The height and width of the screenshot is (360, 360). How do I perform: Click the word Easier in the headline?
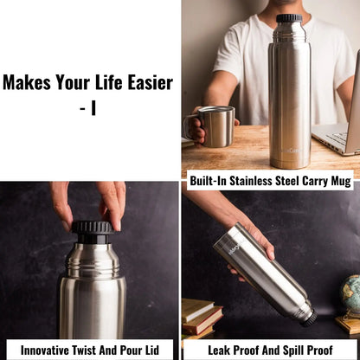pos(145,83)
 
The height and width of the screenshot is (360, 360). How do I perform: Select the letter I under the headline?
pos(93,110)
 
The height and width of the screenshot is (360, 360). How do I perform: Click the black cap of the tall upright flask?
pos(289,18)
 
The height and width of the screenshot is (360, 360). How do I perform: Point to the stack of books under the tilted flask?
pos(202,319)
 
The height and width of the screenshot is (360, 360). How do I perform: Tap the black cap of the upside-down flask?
pos(308,317)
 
